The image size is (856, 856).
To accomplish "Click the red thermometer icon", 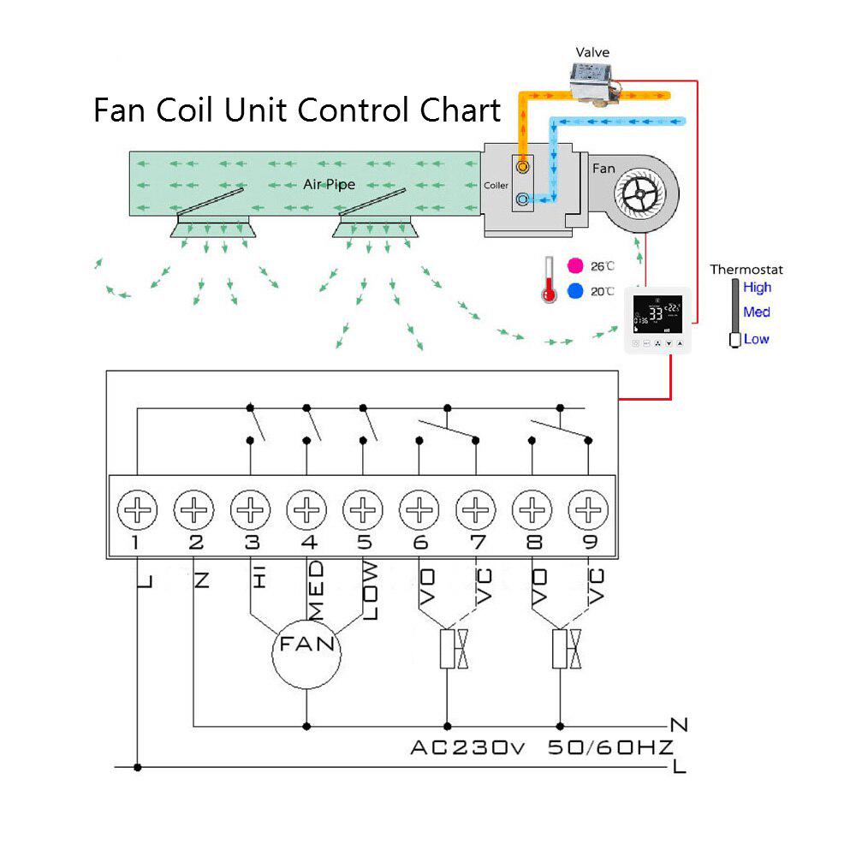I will [x=549, y=279].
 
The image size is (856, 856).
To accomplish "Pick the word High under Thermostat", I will [x=757, y=288].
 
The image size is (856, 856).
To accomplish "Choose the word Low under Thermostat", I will [x=756, y=339].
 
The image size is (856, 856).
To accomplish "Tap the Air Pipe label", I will [x=329, y=184].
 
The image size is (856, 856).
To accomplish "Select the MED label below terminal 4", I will [x=316, y=591].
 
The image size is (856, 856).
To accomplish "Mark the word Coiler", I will [x=496, y=186].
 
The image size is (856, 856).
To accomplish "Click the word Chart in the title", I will [x=460, y=110].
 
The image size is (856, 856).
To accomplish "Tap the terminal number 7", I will [x=477, y=543].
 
